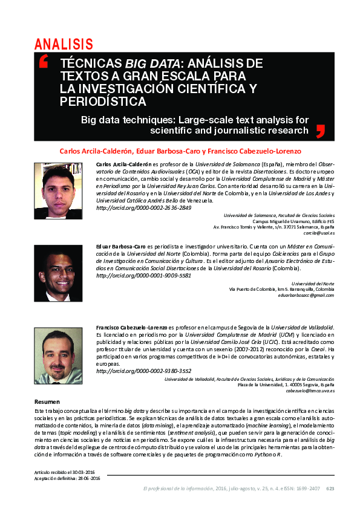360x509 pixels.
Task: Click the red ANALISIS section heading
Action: click(x=64, y=44)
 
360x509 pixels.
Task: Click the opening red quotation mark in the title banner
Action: click(x=44, y=62)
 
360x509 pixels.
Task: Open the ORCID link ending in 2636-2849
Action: click(x=144, y=207)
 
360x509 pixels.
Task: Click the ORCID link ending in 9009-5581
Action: click(x=144, y=275)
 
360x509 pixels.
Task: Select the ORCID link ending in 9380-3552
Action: click(x=144, y=371)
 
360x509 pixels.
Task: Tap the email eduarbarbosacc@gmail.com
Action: click(x=306, y=295)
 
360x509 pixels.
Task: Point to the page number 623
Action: click(x=330, y=488)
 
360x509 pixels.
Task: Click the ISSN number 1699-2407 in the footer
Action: click(x=308, y=488)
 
